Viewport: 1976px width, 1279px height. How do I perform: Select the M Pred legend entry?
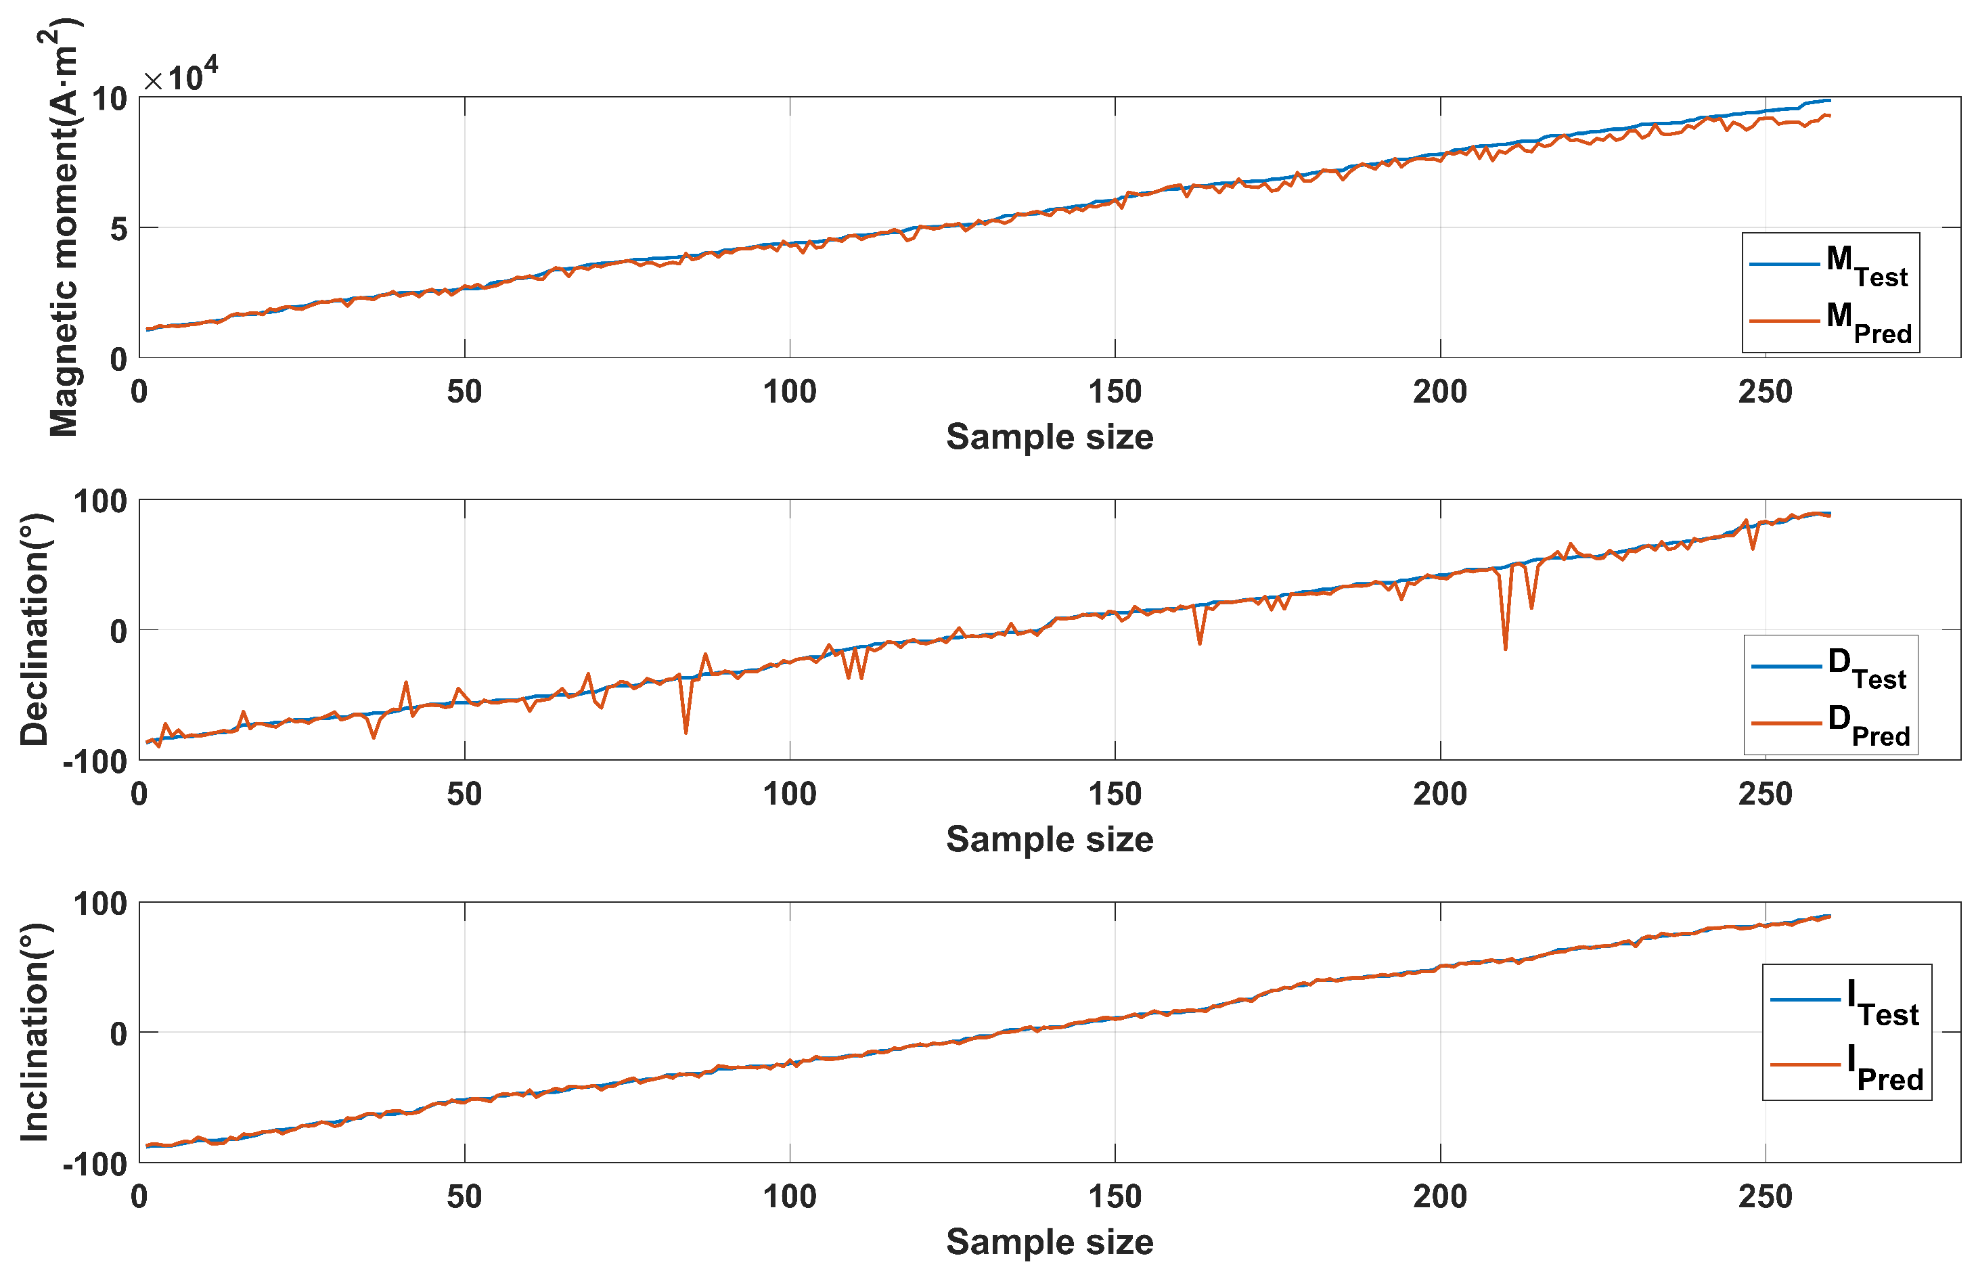[x=1830, y=321]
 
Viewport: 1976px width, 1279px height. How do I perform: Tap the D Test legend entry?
[x=1830, y=667]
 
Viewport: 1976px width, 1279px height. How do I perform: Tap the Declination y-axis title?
[x=35, y=629]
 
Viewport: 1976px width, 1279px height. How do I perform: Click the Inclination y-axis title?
[x=35, y=1033]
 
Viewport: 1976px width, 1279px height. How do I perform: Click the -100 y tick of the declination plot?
[x=95, y=761]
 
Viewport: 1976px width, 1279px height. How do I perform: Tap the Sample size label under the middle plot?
[x=1050, y=840]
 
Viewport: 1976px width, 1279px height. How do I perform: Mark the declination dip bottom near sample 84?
[x=686, y=732]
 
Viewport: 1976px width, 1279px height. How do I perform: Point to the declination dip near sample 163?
[x=1200, y=644]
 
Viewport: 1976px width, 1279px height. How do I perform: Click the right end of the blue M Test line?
[x=1829, y=100]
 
